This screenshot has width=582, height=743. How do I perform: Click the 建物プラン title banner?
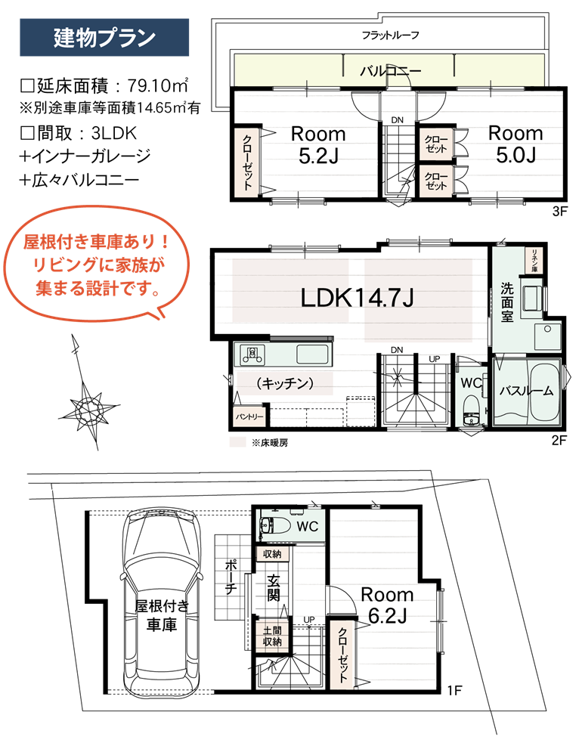(x=104, y=38)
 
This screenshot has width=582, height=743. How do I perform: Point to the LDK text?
(x=324, y=298)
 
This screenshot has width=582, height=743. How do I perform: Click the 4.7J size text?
(x=390, y=298)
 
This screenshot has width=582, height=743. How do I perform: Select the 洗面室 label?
(x=507, y=301)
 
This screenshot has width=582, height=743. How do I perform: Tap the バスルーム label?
(x=526, y=391)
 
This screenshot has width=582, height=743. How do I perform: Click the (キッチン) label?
(x=284, y=383)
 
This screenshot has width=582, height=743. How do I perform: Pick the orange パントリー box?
(x=249, y=416)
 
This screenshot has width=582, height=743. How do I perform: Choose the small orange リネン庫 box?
(x=534, y=261)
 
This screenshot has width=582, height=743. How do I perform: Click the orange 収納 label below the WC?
(x=272, y=554)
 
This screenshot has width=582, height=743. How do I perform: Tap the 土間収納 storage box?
(x=272, y=636)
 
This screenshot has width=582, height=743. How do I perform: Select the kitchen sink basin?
(x=312, y=353)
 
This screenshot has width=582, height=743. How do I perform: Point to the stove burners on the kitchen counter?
(x=252, y=354)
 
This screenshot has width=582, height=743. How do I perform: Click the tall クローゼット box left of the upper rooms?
(x=246, y=163)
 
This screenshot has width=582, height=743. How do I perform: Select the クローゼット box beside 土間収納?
(x=342, y=655)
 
